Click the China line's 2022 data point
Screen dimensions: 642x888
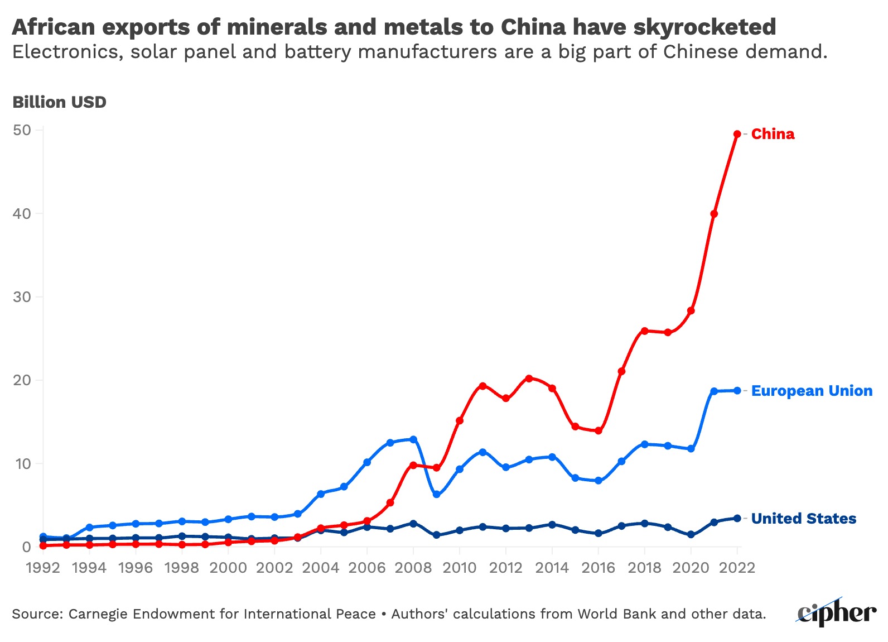coord(737,134)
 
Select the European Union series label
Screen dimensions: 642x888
coord(812,391)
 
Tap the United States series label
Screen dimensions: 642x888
coord(803,519)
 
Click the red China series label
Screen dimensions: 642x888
coord(773,134)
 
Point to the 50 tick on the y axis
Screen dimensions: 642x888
coord(22,130)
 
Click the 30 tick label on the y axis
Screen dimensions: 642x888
coord(22,296)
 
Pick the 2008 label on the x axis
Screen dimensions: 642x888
coord(413,568)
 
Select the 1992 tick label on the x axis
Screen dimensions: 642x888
coord(43,568)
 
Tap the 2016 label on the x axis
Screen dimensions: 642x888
coord(599,568)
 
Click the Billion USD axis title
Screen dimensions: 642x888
coord(59,102)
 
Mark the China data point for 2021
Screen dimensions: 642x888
coord(714,214)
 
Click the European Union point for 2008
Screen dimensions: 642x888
coord(413,439)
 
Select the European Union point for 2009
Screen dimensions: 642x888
coord(436,495)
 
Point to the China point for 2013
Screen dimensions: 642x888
coord(529,379)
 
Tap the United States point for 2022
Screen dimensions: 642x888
coord(737,518)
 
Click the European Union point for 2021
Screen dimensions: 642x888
coord(714,391)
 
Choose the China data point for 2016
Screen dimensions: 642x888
coord(599,430)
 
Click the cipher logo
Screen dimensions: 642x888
coord(836,612)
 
